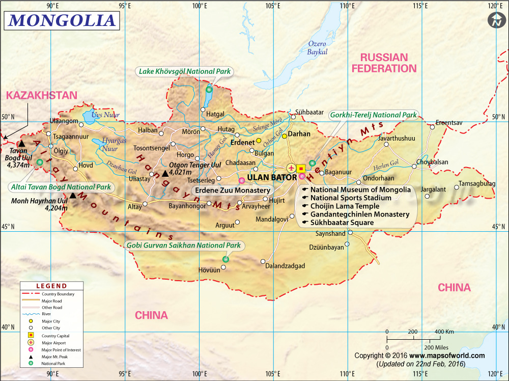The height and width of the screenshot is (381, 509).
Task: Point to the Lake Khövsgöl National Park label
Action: (x=184, y=72)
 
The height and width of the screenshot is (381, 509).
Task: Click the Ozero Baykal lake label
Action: (x=317, y=47)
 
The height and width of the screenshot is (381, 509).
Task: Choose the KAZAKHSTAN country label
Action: (x=42, y=95)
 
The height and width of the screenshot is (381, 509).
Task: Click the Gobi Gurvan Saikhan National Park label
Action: (x=184, y=246)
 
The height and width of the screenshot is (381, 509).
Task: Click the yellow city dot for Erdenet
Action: (x=259, y=141)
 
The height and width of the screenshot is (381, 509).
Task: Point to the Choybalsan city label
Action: (x=432, y=162)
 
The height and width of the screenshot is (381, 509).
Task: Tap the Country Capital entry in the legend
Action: (x=55, y=336)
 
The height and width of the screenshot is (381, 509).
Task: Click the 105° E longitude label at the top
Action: (x=273, y=6)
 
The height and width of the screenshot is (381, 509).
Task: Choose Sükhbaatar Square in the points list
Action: (x=342, y=223)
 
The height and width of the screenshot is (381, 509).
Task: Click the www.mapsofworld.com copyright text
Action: (x=447, y=356)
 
